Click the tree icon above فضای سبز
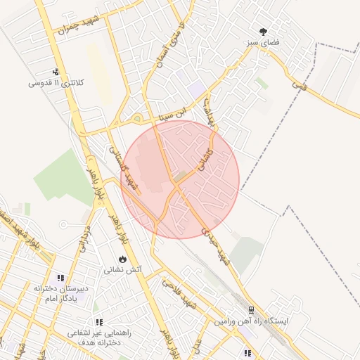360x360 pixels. [x=264, y=32]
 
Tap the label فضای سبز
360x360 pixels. [x=264, y=43]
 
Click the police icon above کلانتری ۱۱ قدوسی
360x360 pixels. [x=56, y=72]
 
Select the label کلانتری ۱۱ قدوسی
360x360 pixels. [x=56, y=83]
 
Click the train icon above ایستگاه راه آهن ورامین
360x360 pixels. [x=251, y=309]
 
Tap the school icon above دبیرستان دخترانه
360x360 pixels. [x=60, y=278]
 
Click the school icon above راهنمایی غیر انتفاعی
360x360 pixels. [x=99, y=321]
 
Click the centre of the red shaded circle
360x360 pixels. [x=180, y=179]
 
